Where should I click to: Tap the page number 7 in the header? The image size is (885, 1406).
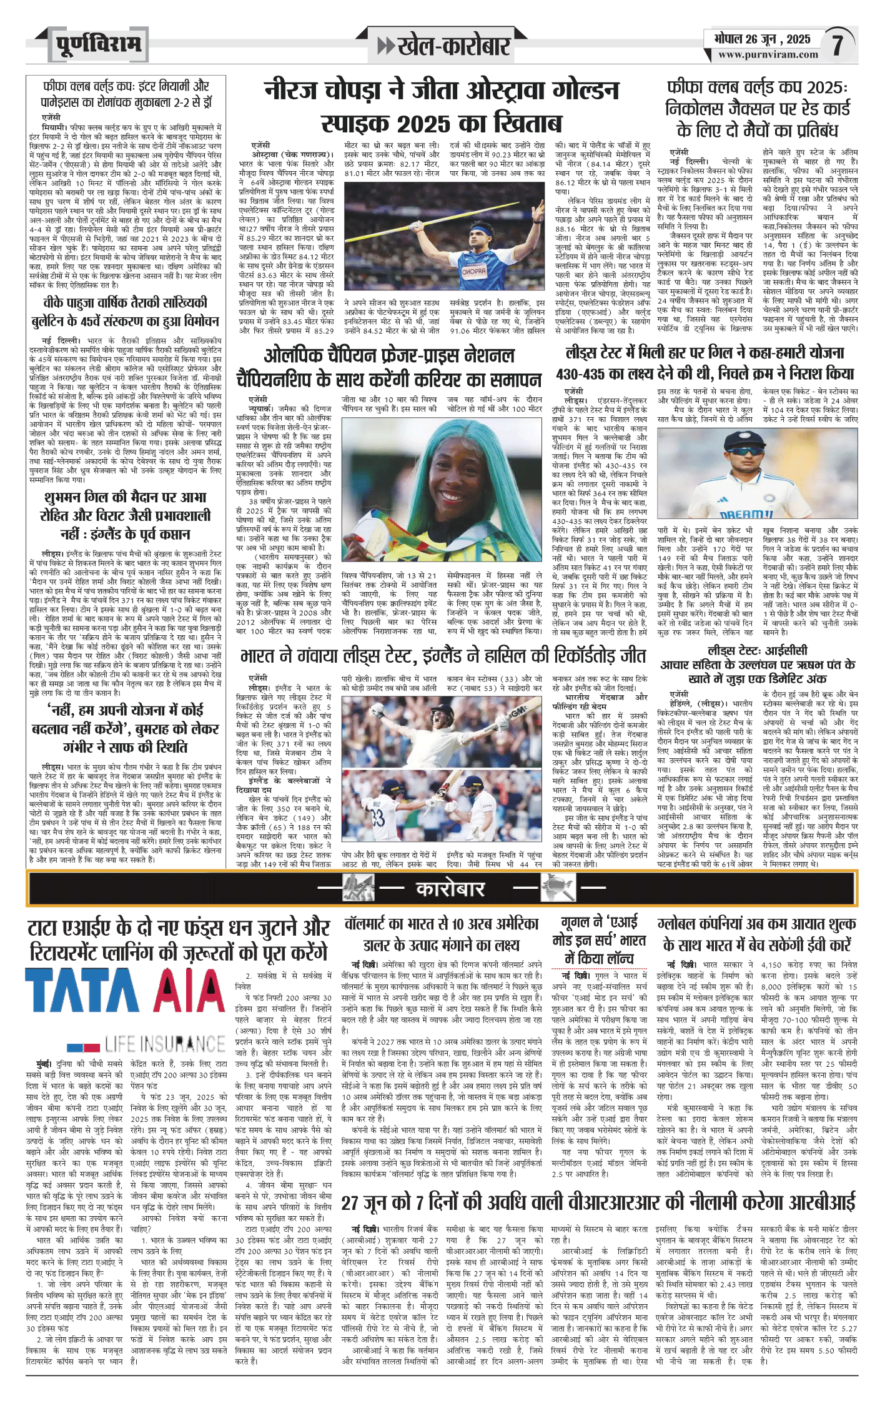tap(838, 45)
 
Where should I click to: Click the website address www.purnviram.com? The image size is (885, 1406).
tap(768, 54)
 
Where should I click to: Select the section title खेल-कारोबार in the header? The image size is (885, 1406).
tap(443, 46)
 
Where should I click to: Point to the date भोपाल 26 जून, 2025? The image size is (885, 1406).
tap(762, 39)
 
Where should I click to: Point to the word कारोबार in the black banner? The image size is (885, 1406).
tap(450, 888)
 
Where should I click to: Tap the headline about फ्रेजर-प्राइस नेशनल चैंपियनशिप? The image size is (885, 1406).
tap(388, 367)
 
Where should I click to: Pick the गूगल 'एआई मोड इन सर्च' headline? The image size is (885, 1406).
tap(599, 940)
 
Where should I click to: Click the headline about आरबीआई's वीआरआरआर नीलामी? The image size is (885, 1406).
tap(598, 1202)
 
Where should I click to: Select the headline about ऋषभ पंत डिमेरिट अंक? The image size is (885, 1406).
tap(757, 664)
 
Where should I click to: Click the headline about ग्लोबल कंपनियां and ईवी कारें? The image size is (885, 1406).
tap(757, 934)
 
